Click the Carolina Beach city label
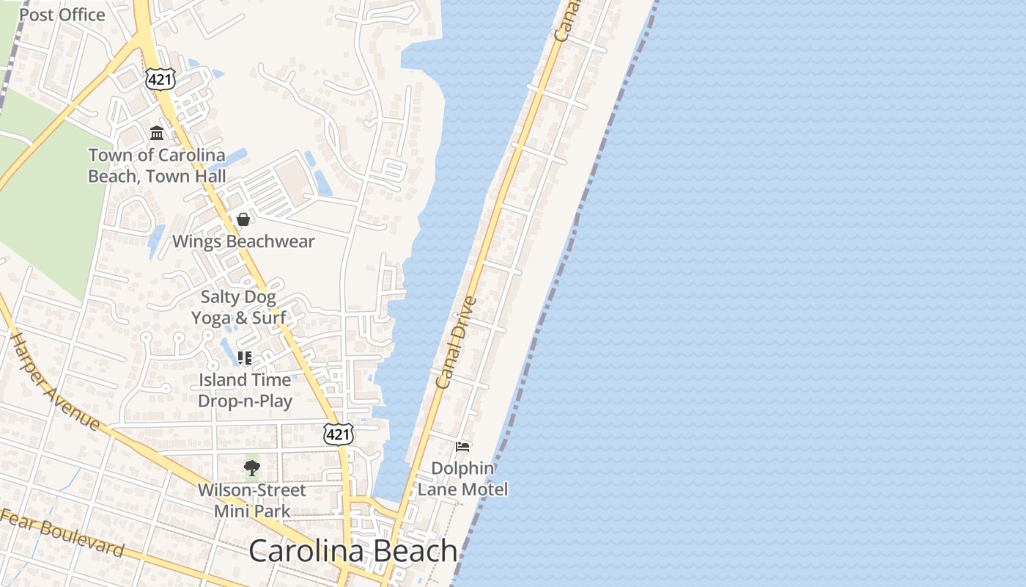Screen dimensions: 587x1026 (x=353, y=551)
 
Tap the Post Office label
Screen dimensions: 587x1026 (x=62, y=15)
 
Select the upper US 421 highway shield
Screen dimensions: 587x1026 (x=160, y=79)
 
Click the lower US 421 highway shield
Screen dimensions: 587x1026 (x=339, y=434)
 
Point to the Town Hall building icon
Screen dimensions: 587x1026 (x=157, y=134)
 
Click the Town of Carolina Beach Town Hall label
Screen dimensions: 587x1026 (x=157, y=166)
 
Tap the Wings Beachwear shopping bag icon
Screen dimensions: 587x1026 (x=243, y=219)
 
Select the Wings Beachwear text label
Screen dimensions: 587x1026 (x=243, y=241)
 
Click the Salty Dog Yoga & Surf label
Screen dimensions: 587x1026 (x=238, y=307)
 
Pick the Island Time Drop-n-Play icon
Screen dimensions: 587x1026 (x=245, y=358)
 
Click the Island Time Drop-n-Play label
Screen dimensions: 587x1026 (x=245, y=390)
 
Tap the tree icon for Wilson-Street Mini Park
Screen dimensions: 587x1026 (x=252, y=467)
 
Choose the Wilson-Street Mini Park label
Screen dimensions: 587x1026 (x=252, y=500)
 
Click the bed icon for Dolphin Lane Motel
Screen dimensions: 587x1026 (x=462, y=446)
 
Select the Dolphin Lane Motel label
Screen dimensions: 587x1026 (x=462, y=478)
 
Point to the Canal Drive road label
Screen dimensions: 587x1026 (x=457, y=341)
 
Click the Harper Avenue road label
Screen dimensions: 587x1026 (x=55, y=382)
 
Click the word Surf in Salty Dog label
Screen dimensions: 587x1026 (x=269, y=318)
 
